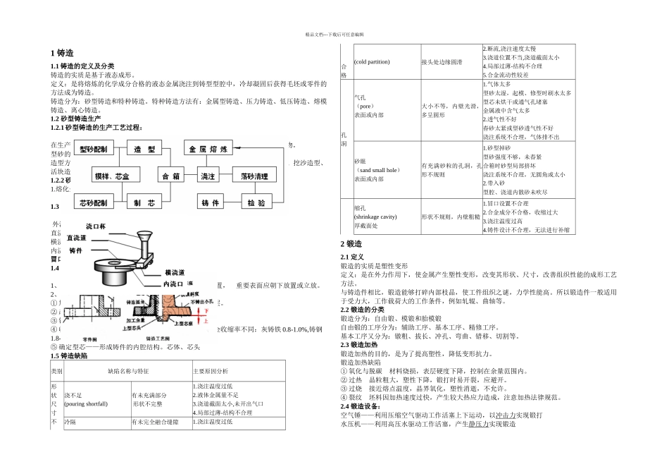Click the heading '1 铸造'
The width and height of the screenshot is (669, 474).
point(63,54)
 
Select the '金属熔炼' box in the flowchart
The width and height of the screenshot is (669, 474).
point(208,150)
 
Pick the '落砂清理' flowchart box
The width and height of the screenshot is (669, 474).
point(259,176)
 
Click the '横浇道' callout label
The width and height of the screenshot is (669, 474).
point(175,272)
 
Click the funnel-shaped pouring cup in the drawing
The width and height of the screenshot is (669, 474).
point(145,240)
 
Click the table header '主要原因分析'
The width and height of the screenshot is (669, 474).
point(211,371)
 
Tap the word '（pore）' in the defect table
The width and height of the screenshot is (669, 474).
point(365,106)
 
